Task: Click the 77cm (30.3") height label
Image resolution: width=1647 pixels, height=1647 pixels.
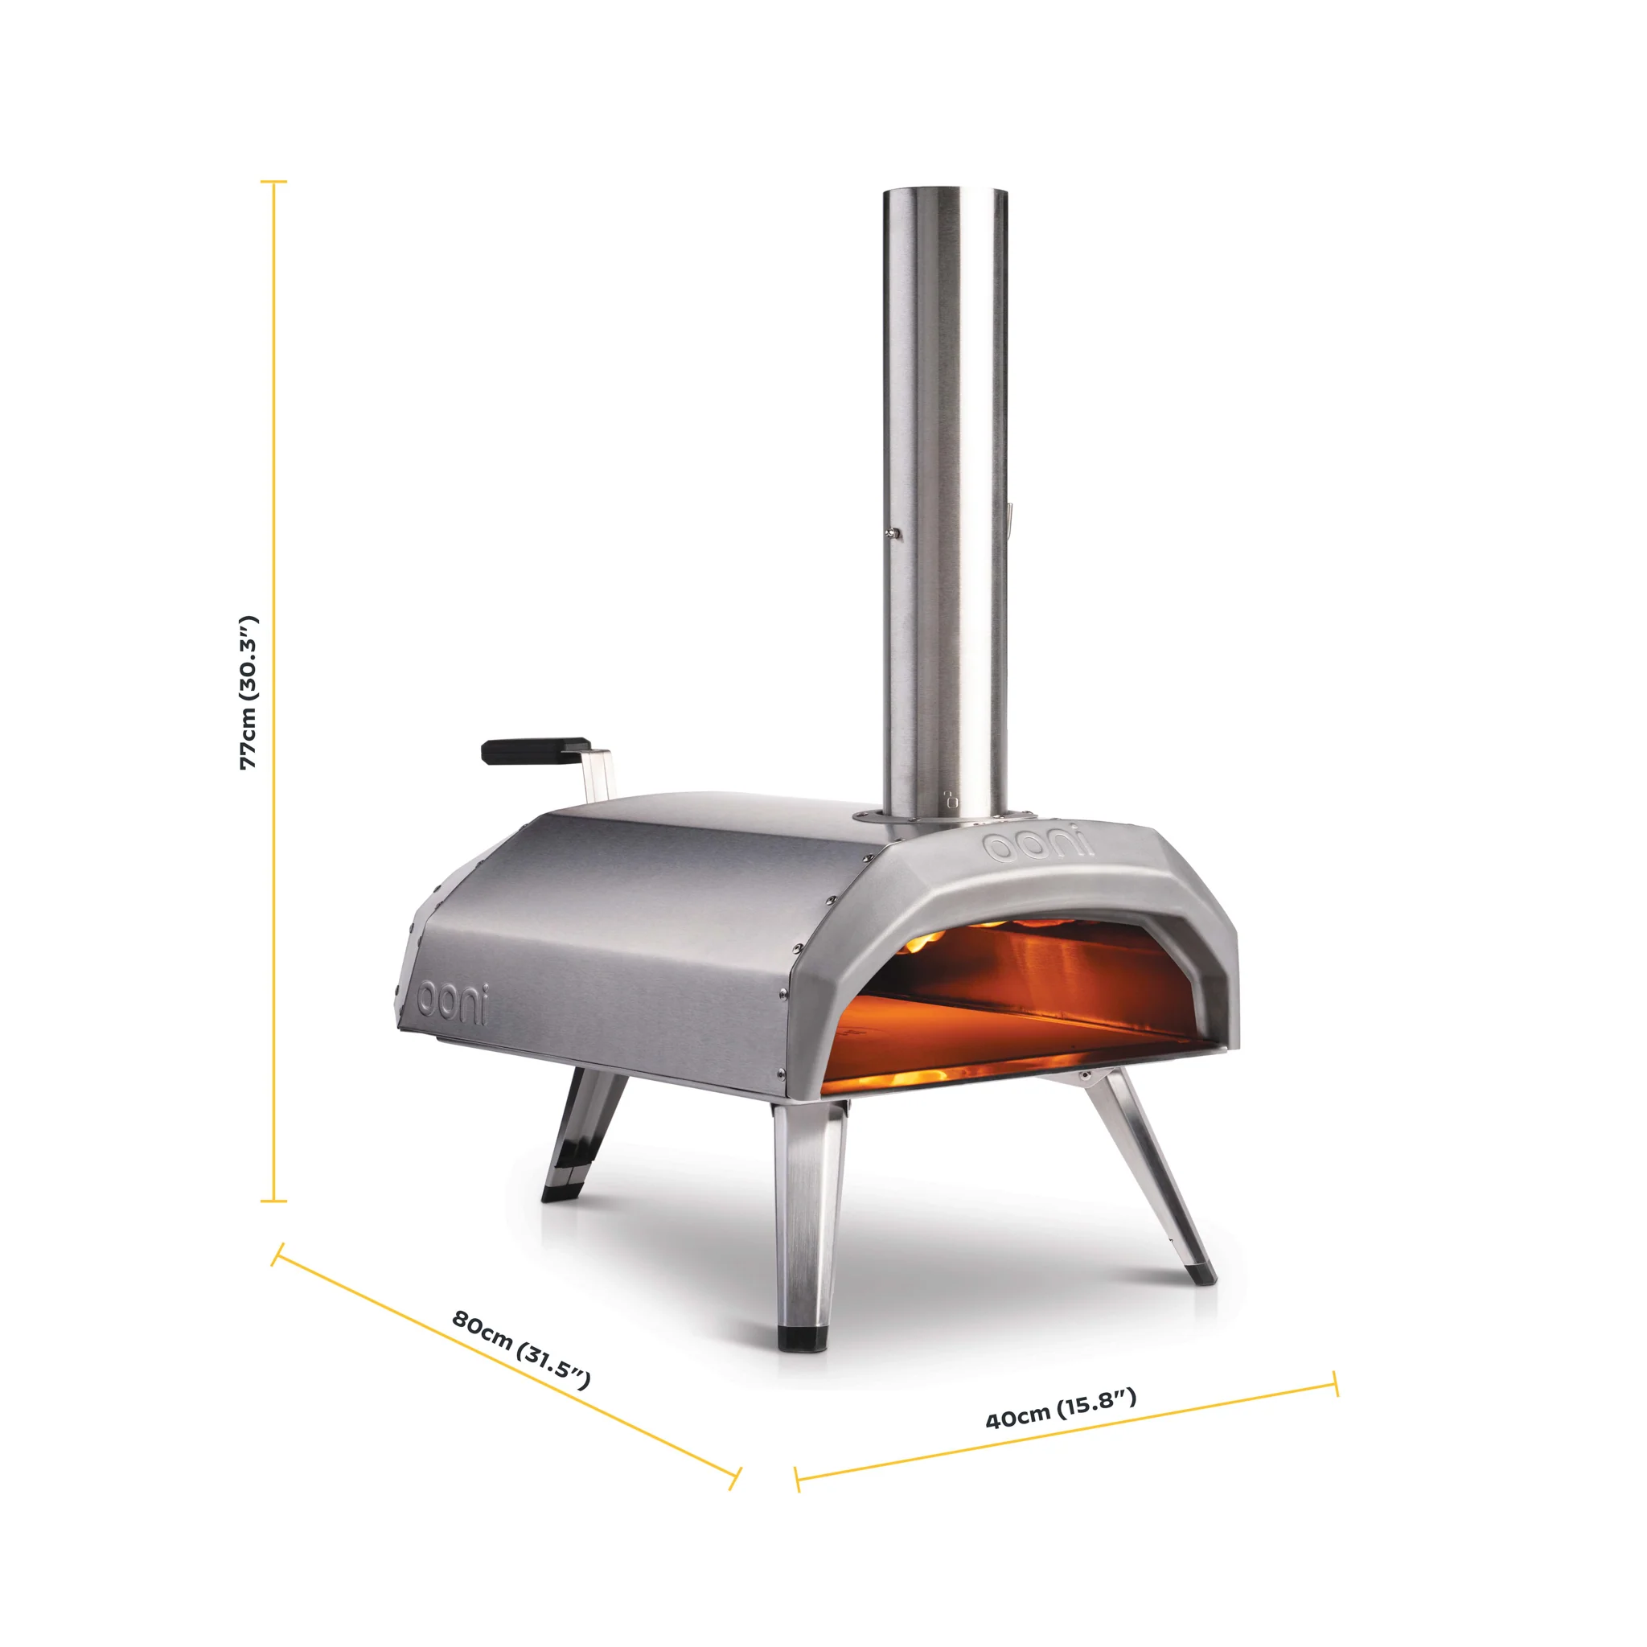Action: pyautogui.click(x=248, y=692)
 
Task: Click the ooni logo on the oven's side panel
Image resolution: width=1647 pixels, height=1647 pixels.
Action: pyautogui.click(x=453, y=1003)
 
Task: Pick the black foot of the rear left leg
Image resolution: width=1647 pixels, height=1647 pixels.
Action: pyautogui.click(x=560, y=1194)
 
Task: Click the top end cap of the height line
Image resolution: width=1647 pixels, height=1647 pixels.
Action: pyautogui.click(x=273, y=182)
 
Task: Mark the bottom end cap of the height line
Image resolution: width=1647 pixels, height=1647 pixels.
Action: pyautogui.click(x=273, y=1201)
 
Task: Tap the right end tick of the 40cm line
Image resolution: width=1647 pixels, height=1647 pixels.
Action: pyautogui.click(x=1335, y=1382)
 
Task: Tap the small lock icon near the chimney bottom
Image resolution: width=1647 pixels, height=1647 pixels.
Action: pyautogui.click(x=951, y=799)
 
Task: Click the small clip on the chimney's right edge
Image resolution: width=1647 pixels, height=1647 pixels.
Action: pyautogui.click(x=1009, y=517)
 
